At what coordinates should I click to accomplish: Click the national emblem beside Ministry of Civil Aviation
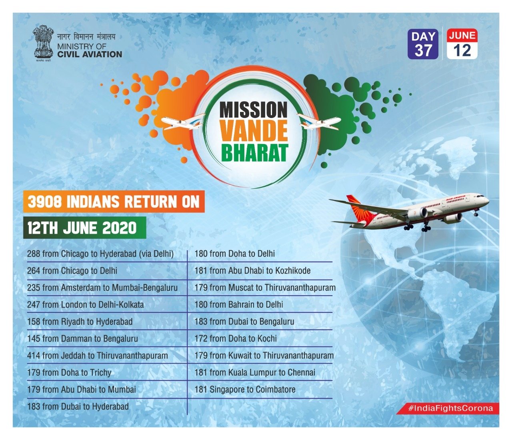tap(43, 43)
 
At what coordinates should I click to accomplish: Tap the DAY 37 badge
tap(423, 44)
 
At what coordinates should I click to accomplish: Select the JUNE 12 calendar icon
tap(462, 44)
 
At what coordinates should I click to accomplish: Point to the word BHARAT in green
tap(254, 153)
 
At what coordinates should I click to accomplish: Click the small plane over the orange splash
tap(183, 121)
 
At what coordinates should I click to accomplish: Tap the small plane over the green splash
tap(319, 121)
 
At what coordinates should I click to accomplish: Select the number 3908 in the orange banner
tap(44, 202)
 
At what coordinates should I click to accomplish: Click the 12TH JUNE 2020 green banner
tap(84, 228)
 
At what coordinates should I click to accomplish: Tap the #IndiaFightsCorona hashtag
tap(450, 408)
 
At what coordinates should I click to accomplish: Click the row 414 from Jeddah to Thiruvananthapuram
tap(97, 356)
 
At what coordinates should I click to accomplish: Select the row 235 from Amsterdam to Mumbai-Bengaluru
tap(102, 288)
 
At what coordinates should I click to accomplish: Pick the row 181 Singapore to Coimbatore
tap(245, 390)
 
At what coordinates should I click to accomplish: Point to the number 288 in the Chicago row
tap(34, 254)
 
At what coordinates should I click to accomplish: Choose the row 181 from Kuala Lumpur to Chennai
tap(255, 373)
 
